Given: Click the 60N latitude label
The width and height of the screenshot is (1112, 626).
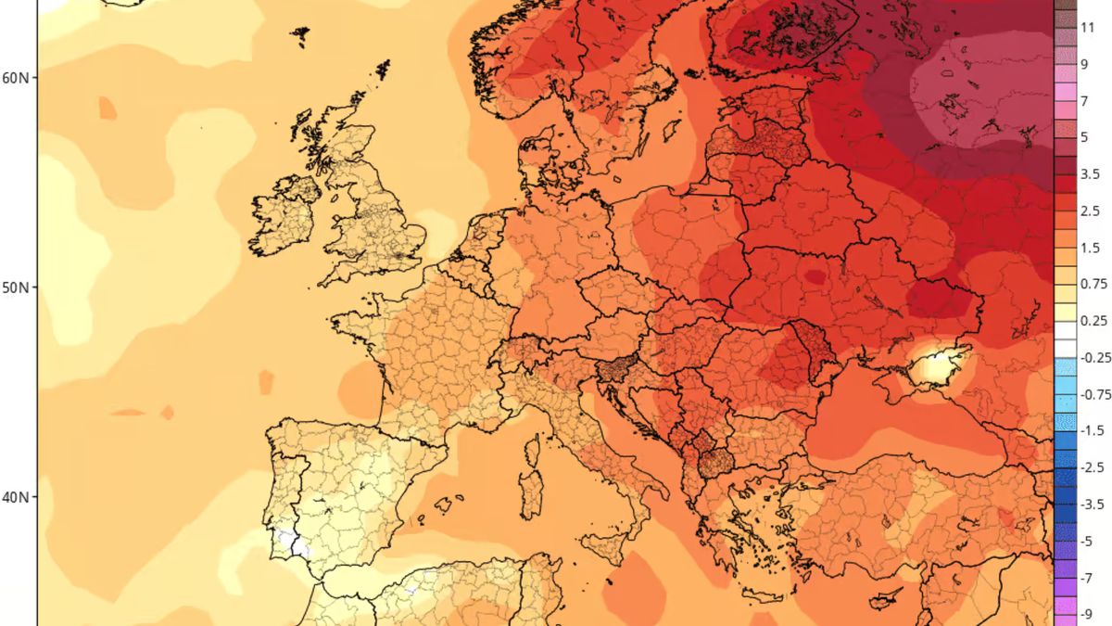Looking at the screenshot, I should coord(17,77).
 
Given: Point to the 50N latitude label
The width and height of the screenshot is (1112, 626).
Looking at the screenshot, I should coord(17,287).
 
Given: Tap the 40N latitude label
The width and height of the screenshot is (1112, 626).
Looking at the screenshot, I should coord(17,498).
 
